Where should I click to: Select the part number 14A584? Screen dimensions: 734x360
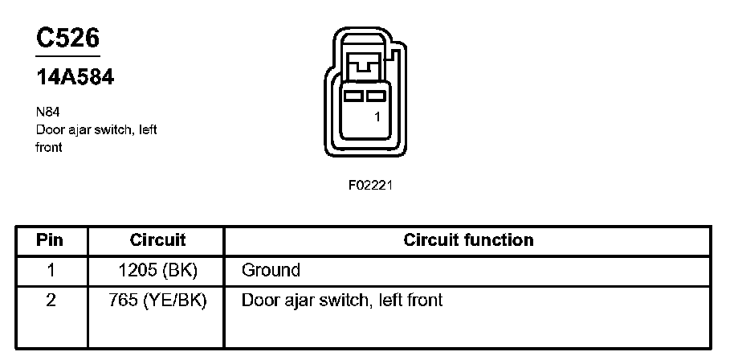click(x=74, y=77)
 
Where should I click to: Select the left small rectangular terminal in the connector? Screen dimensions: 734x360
click(x=353, y=96)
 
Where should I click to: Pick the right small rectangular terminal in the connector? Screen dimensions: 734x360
click(x=375, y=96)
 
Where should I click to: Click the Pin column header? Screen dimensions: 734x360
click(x=50, y=240)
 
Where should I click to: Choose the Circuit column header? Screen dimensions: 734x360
click(x=157, y=240)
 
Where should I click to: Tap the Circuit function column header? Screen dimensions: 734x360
click(x=467, y=240)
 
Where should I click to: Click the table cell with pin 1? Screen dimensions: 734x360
click(x=50, y=270)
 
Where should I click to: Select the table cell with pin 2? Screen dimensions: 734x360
click(x=50, y=301)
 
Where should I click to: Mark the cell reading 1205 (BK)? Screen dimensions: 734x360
click(x=157, y=270)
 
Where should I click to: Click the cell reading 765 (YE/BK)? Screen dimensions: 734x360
click(x=157, y=301)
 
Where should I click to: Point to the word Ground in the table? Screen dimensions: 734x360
click(x=271, y=270)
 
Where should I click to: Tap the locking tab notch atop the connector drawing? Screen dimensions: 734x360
click(x=365, y=62)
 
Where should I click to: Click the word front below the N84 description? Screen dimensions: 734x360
click(x=49, y=148)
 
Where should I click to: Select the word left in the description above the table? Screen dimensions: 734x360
click(x=147, y=131)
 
